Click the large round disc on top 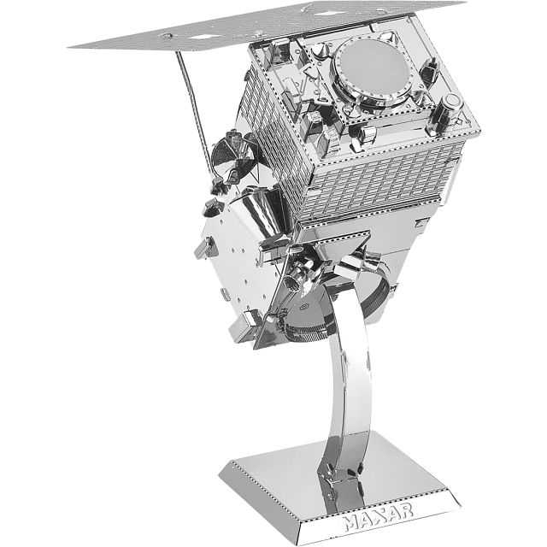tap(374, 68)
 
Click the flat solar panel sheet tap(265, 26)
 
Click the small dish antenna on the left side tap(232, 157)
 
